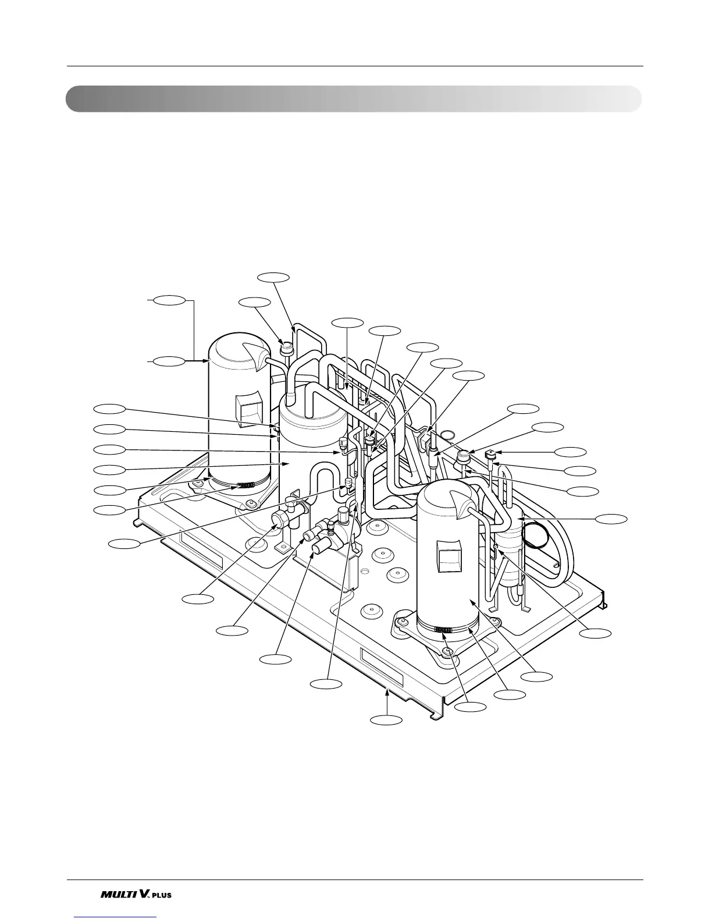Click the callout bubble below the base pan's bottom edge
[387, 721]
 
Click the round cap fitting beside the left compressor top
[286, 349]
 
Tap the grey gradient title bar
[353, 99]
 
